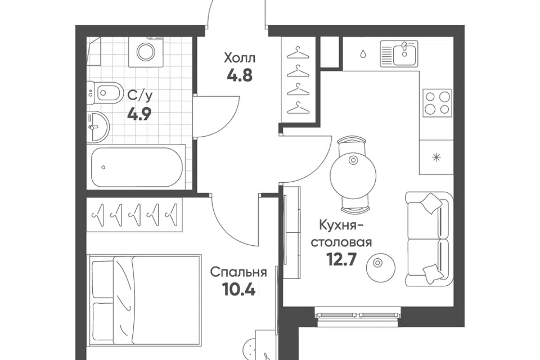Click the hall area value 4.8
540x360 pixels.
click(240, 75)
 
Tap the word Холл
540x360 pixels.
click(240, 58)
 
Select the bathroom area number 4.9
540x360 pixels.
click(139, 114)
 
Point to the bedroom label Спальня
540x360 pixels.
click(238, 273)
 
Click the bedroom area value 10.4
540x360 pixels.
click(238, 290)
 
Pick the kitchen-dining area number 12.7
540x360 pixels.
click(341, 259)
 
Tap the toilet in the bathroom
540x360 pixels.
click(105, 92)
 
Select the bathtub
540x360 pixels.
click(136, 167)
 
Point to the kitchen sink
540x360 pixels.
click(399, 53)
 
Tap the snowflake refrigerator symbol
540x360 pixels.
click(436, 157)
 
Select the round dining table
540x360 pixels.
click(353, 175)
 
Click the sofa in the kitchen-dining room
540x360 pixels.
click(429, 238)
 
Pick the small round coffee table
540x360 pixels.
click(381, 268)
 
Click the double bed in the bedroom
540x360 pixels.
click(145, 300)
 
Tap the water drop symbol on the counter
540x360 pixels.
click(363, 54)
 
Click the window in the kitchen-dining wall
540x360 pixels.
click(358, 315)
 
